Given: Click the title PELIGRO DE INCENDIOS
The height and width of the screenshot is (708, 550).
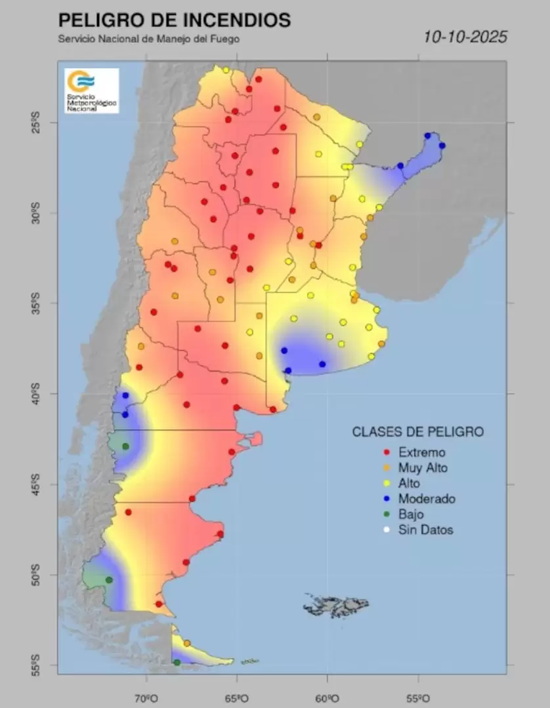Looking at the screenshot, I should [174, 20].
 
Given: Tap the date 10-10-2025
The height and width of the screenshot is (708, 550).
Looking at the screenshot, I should [465, 37].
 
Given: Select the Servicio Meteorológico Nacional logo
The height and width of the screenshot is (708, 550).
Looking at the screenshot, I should [91, 90].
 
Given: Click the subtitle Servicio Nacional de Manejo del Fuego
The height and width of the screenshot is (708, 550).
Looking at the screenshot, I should [148, 39].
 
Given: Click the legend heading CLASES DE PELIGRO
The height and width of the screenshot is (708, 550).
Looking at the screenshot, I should [417, 432].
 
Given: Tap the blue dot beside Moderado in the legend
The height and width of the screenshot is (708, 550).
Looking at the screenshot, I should [387, 499].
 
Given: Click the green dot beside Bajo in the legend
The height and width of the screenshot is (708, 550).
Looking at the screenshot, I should [387, 515].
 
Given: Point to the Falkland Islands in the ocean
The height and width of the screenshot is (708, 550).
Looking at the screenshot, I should [335, 604].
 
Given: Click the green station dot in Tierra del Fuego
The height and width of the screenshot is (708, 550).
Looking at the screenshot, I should [177, 663].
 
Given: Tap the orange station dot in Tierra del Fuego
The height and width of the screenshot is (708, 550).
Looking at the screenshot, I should [187, 643].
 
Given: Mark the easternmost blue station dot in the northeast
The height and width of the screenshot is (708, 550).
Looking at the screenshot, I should [442, 146].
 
